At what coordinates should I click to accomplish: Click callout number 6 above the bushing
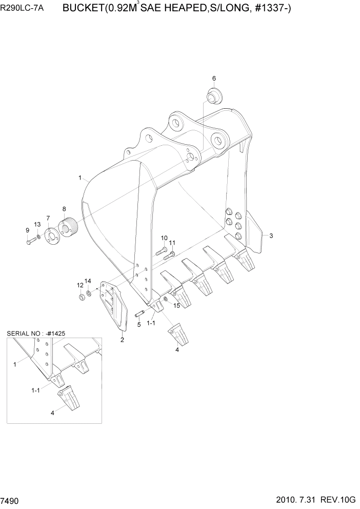click(x=214, y=78)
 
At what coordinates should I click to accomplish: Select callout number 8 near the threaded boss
click(x=64, y=209)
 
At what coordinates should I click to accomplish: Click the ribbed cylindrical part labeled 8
click(x=67, y=226)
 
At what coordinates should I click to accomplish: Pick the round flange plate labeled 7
click(x=51, y=237)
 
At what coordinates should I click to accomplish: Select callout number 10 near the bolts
click(x=164, y=238)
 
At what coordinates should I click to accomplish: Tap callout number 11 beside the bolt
click(x=172, y=243)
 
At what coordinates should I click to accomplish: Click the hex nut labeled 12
click(x=82, y=298)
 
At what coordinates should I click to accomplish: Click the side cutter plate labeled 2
click(x=114, y=307)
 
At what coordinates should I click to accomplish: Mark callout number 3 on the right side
click(x=271, y=236)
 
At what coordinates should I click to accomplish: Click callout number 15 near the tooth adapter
click(x=176, y=306)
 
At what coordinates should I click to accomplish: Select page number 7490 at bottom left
click(x=11, y=500)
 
